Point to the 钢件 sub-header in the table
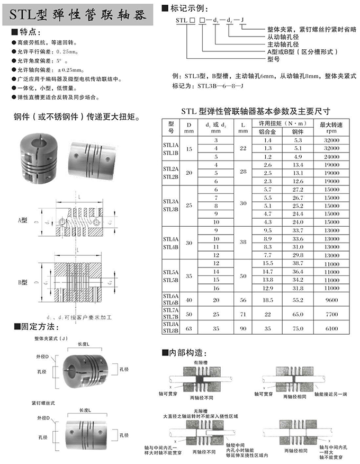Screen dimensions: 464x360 298,132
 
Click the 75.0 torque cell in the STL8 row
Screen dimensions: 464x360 298,328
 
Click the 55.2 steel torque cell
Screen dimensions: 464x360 298,299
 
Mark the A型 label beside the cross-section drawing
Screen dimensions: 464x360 22,219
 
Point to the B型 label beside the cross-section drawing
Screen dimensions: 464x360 22,282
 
